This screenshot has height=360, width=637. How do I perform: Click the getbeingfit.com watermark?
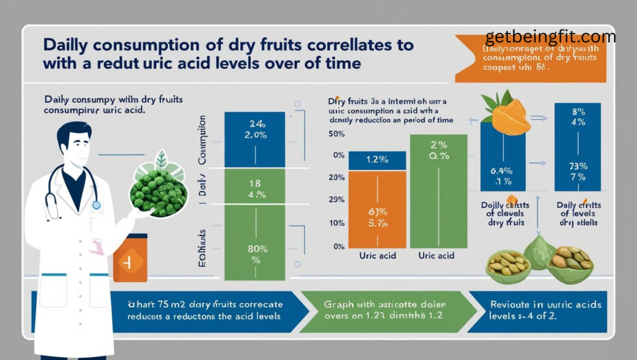click(x=550, y=37)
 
